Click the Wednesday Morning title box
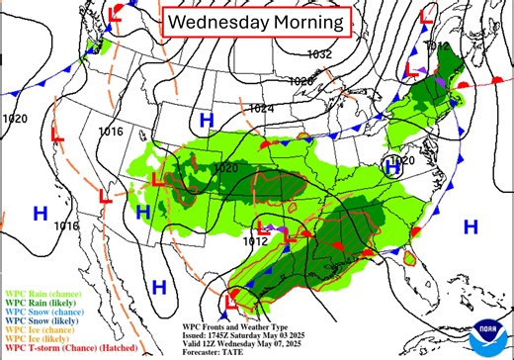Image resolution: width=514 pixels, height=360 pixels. point(255,21)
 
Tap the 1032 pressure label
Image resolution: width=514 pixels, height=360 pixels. point(319,54)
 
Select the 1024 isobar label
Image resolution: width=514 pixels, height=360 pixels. point(262,108)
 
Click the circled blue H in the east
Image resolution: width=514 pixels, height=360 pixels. point(392,168)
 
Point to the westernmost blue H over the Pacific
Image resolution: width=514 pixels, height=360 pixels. point(41,213)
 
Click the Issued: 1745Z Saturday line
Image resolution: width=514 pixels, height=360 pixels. point(252,334)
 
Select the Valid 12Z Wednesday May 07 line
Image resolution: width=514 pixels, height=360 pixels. point(255,342)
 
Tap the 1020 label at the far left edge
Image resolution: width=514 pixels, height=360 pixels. point(16,119)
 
